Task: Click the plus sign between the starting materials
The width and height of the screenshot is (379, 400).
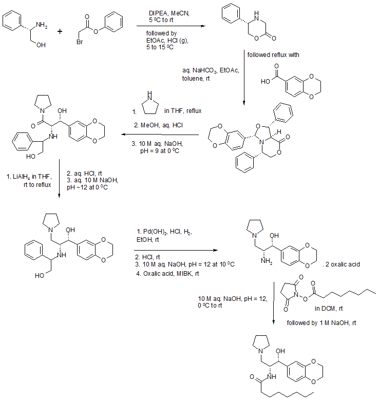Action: coord(60,31)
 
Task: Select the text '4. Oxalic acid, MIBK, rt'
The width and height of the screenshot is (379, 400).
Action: coord(167,273)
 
